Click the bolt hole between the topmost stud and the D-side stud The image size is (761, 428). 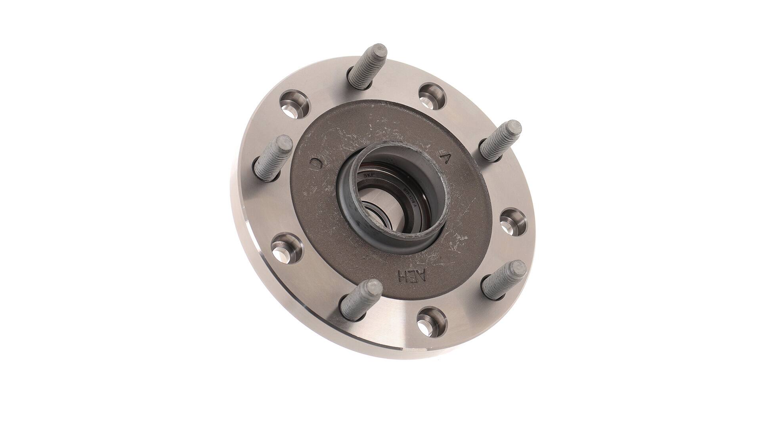pyautogui.click(x=294, y=104)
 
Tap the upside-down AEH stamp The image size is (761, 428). pyautogui.click(x=413, y=277)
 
